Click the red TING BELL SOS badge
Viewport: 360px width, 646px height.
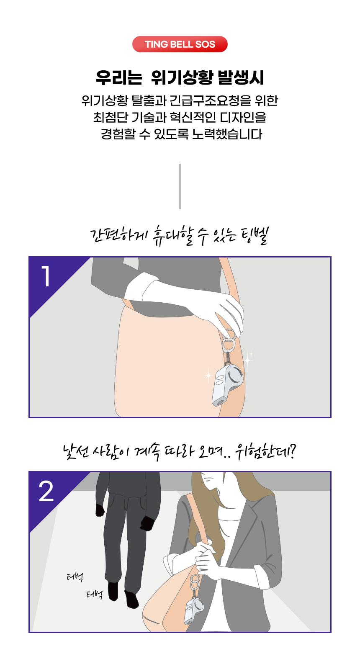180,44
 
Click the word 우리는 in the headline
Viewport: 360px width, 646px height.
119,77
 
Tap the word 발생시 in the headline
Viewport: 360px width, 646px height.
241,77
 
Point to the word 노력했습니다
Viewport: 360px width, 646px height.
227,134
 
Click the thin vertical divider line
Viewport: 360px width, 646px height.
180,186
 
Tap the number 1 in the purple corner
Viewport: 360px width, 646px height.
46,276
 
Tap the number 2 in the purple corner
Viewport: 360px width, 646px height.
46,491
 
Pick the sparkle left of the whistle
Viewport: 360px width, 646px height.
208,375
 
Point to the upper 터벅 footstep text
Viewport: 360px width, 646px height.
75,577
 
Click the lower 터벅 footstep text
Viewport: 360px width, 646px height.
94,595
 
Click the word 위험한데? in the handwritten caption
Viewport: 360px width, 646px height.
265,452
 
